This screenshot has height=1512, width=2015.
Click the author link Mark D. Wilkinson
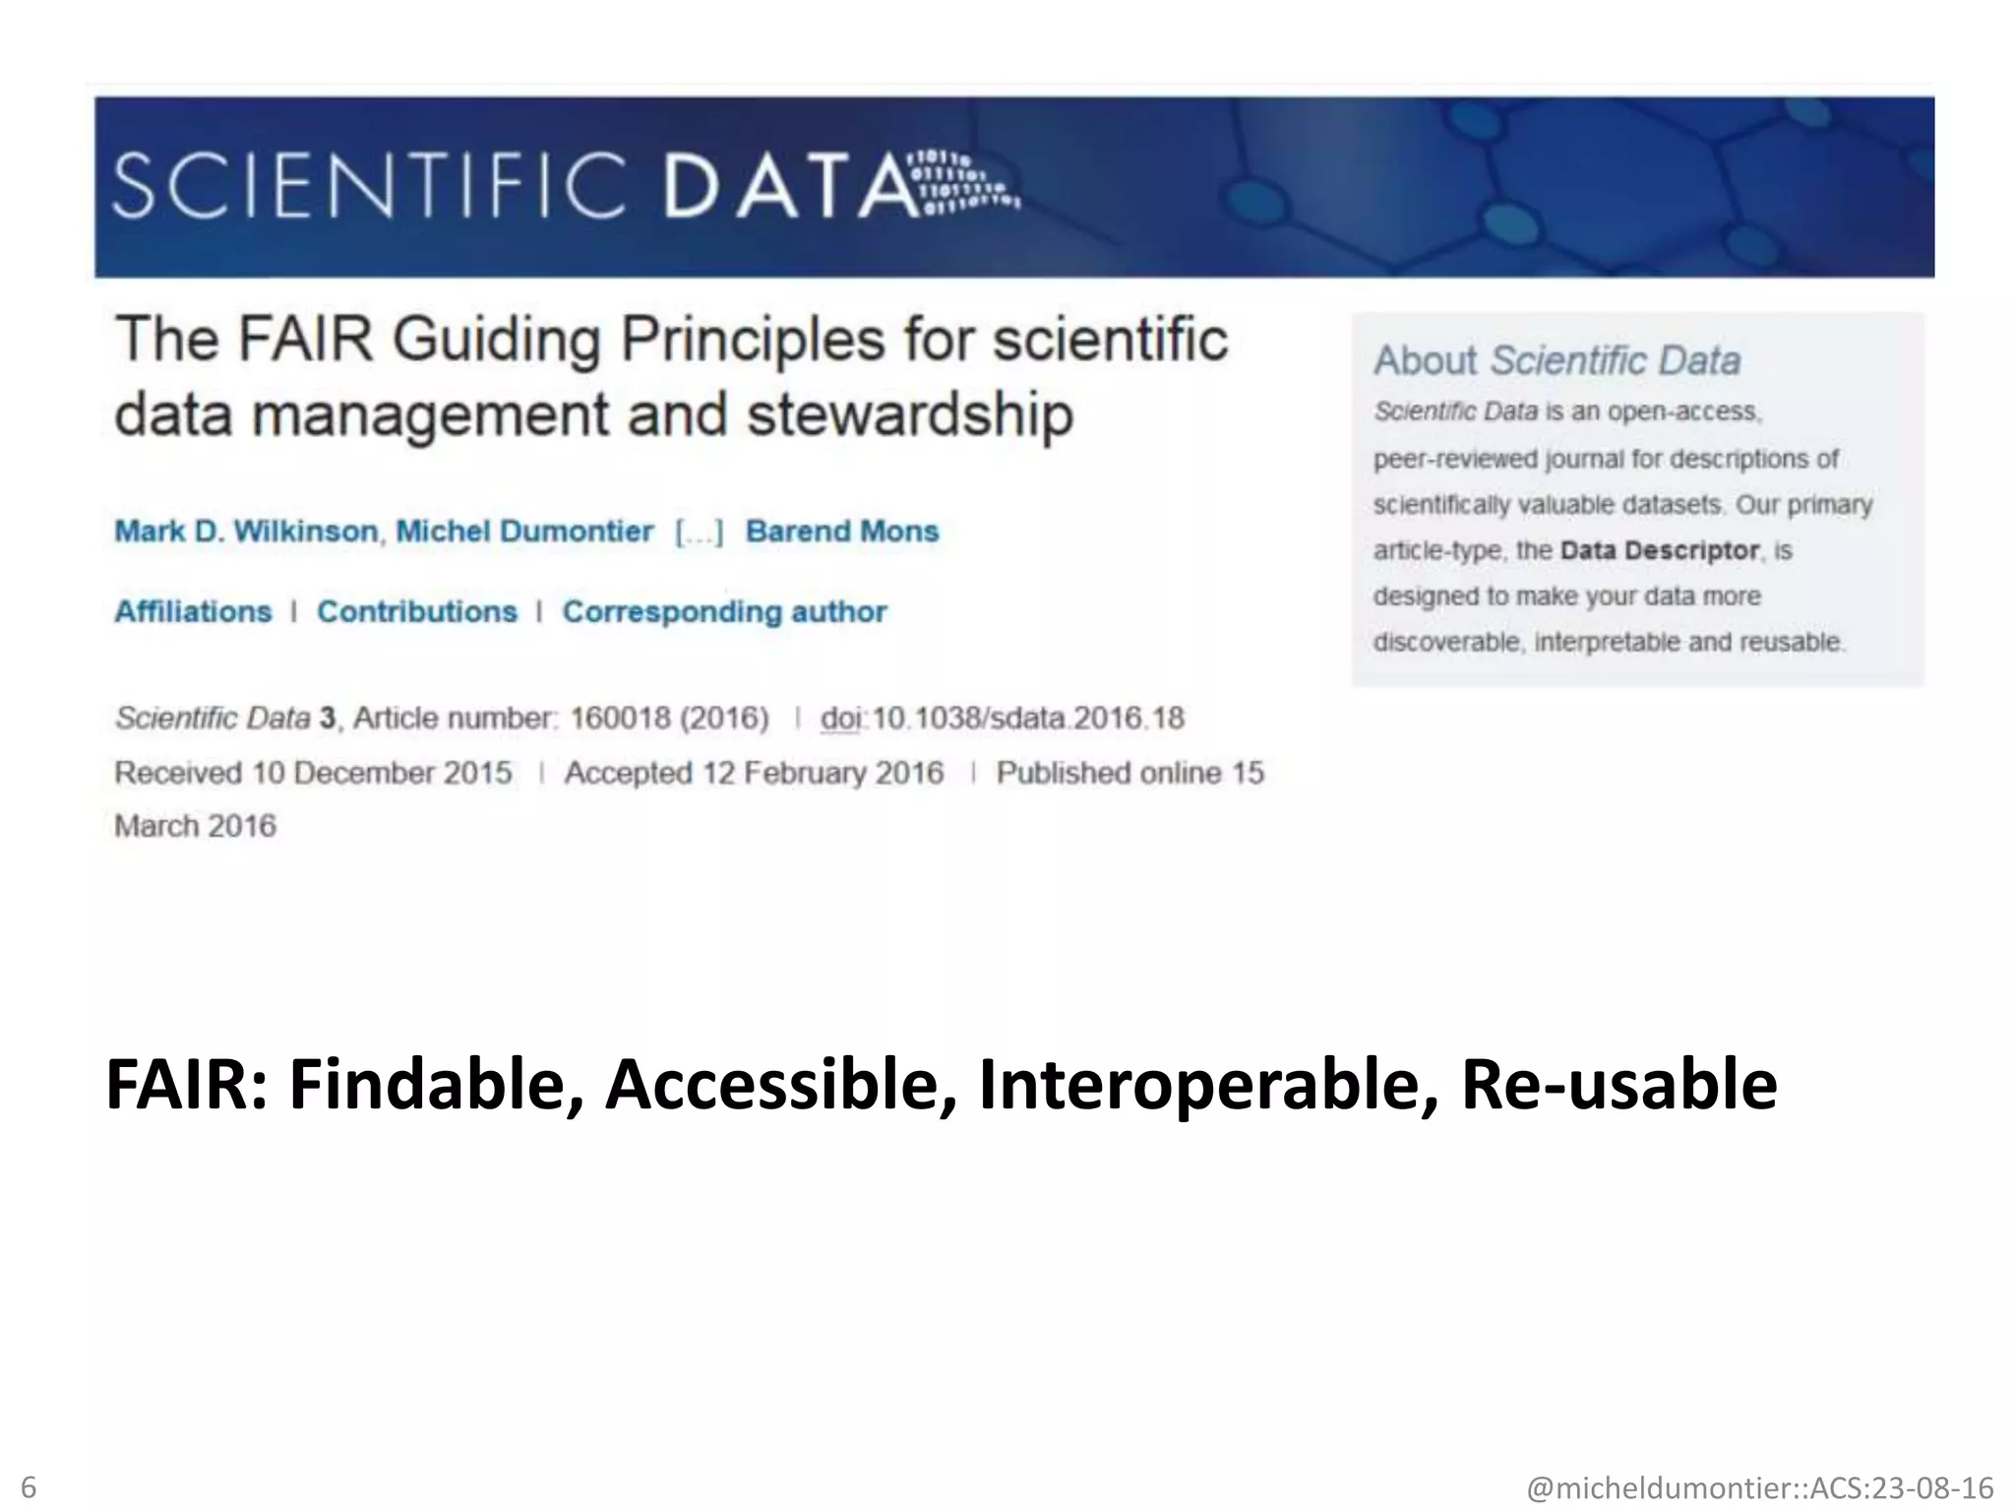coord(246,532)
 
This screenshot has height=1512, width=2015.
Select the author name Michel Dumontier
coord(524,532)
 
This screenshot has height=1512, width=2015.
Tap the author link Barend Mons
coord(842,532)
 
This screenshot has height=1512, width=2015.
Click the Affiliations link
coord(193,611)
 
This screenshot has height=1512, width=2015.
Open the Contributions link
coord(416,611)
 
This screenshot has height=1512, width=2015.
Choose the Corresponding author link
coord(724,611)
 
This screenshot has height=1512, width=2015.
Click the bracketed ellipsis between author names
coord(699,533)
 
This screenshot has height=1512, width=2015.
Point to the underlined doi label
coord(840,719)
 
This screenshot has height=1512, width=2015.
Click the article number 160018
coord(620,719)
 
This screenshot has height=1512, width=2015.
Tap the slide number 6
coord(29,1486)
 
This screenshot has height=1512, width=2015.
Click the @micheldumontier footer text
coord(1759,1487)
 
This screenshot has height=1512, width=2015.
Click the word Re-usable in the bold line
coord(1618,1085)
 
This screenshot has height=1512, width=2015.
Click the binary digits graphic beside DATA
coord(969,183)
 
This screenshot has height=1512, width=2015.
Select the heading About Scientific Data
coord(1557,360)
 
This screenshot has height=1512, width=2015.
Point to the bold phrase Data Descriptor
coord(1659,550)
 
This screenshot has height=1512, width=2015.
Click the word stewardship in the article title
coord(909,414)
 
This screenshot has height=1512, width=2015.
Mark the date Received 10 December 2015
coord(313,773)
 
